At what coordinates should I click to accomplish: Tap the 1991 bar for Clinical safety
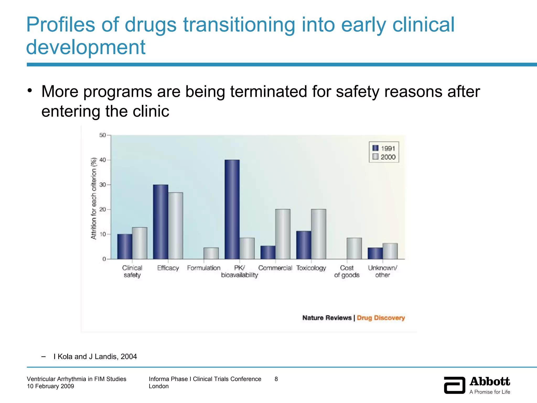pos(125,246)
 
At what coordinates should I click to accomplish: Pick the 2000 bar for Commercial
pos(283,234)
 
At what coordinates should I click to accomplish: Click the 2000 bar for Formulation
pos(211,253)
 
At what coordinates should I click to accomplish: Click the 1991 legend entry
pos(384,149)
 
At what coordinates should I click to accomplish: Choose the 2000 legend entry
pos(384,157)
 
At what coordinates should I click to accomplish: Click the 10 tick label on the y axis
pos(103,234)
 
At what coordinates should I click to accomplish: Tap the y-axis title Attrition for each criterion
pos(94,198)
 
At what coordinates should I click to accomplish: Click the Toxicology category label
pos(311,268)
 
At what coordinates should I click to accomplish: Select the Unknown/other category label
pos(383,271)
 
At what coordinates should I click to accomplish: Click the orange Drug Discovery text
pos(381,318)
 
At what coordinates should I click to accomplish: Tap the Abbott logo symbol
pos(454,385)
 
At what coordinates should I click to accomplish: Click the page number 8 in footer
pos(276,379)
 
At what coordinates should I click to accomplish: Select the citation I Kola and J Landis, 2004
pos(95,357)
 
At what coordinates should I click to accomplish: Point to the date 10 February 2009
pos(50,386)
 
